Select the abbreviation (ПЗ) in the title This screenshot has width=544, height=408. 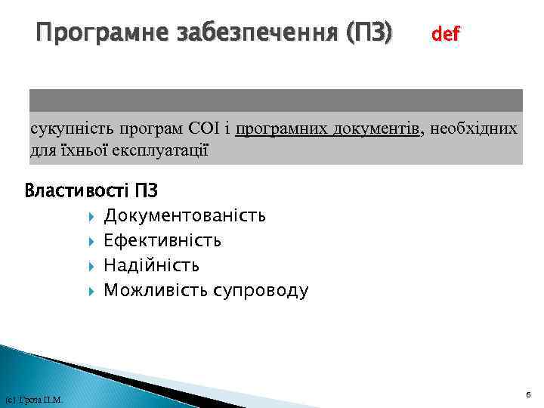tap(368, 33)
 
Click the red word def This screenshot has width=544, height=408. tap(446, 34)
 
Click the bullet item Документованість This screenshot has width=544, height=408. tap(184, 216)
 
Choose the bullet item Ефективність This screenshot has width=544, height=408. tap(162, 241)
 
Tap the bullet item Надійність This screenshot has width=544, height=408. tap(152, 265)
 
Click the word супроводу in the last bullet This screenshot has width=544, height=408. tap(261, 290)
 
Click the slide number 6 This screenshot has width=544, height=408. tap(528, 394)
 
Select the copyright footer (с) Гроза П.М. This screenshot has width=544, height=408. tap(33, 399)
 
